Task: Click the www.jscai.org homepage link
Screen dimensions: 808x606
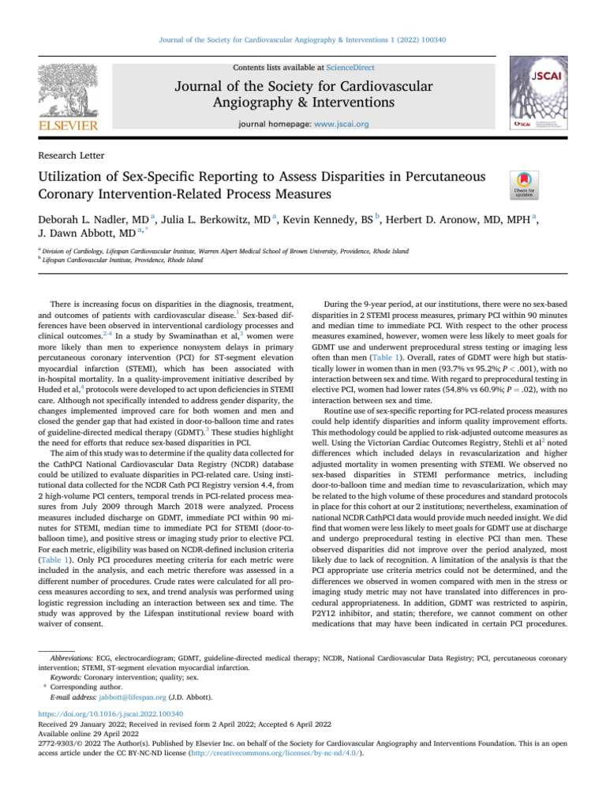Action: tap(342, 124)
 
